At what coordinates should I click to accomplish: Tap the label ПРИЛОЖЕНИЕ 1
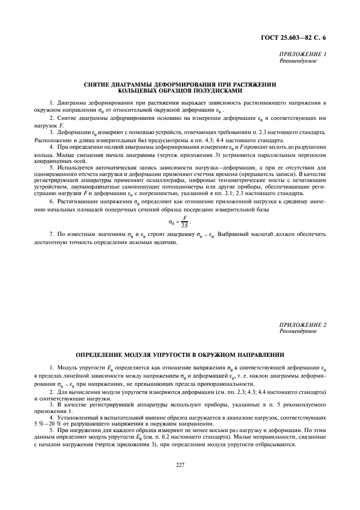[302, 54]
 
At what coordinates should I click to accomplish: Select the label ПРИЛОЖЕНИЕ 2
[302, 325]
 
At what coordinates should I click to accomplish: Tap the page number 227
[180, 465]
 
